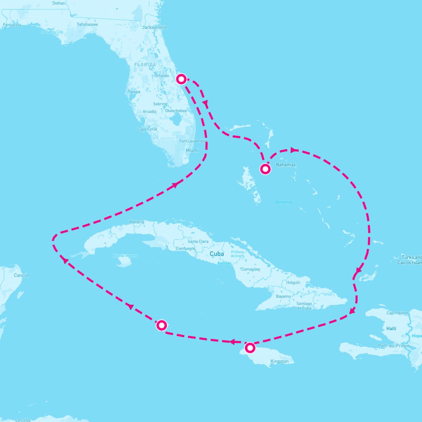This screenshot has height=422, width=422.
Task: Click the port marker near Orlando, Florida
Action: coord(181,79)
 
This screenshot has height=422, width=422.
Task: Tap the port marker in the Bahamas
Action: coord(265,169)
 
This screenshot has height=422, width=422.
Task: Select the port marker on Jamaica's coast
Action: coord(250,348)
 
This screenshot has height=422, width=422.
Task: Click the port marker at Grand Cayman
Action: coord(161,325)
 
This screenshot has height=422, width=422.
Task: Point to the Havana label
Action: coord(136,222)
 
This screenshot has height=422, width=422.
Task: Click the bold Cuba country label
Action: coord(217,254)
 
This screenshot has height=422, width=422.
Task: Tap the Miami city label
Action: coord(192,151)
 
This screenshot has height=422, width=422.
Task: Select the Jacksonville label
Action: coord(155,27)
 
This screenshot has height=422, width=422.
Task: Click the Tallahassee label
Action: coord(87,25)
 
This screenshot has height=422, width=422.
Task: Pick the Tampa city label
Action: coord(134,92)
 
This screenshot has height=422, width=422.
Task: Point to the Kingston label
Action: coord(280,362)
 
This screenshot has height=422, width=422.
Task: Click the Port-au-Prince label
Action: coord(394,346)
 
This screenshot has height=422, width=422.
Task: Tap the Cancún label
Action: coord(21,275)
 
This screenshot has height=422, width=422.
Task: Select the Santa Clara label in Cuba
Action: coord(198,242)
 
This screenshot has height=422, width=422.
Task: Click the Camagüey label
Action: coord(251,269)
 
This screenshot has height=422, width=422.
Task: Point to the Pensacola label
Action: coord(12,25)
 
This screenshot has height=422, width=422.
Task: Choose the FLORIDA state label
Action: coord(145,65)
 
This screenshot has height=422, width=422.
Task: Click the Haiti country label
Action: coord(391,328)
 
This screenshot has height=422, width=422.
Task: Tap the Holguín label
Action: coord(293,282)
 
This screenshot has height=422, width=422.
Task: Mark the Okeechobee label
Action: coord(176,111)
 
